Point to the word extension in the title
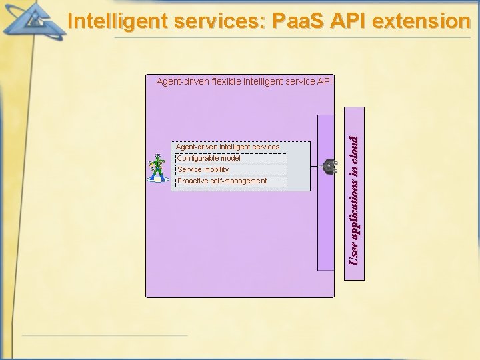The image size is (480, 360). coord(422,21)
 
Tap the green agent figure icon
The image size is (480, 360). coord(157,169)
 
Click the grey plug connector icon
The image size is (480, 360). coord(328,167)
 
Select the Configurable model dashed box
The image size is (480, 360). coord(231,158)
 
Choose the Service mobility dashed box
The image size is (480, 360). coord(231,169)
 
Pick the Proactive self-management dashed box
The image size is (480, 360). coord(231,181)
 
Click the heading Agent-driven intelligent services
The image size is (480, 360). coord(227,147)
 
